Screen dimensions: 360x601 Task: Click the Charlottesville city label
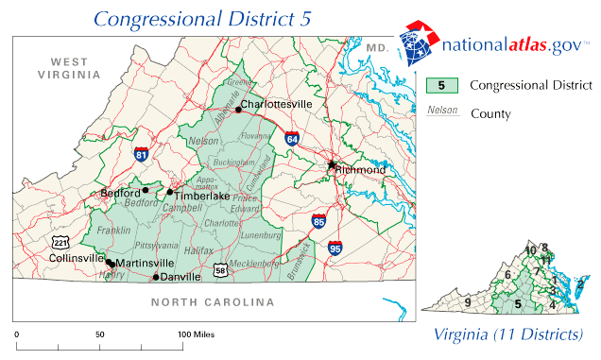pos(276,103)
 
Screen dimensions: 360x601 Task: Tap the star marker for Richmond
pos(332,164)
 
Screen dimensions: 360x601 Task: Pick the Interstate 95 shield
pos(335,249)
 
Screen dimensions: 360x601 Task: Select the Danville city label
pos(180,277)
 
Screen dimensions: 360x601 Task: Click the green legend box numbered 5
pos(442,85)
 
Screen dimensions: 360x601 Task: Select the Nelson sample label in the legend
pos(442,111)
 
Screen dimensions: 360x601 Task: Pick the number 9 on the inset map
pos(467,302)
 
